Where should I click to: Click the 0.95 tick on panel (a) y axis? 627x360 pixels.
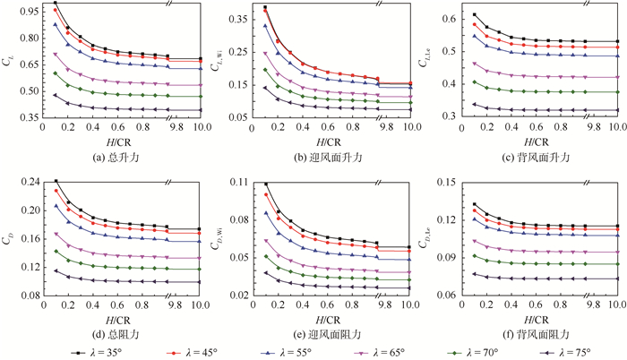coord(29,13)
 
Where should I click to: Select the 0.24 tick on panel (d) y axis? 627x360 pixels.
coord(29,183)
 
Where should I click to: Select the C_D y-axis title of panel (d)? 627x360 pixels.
coord(8,238)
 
